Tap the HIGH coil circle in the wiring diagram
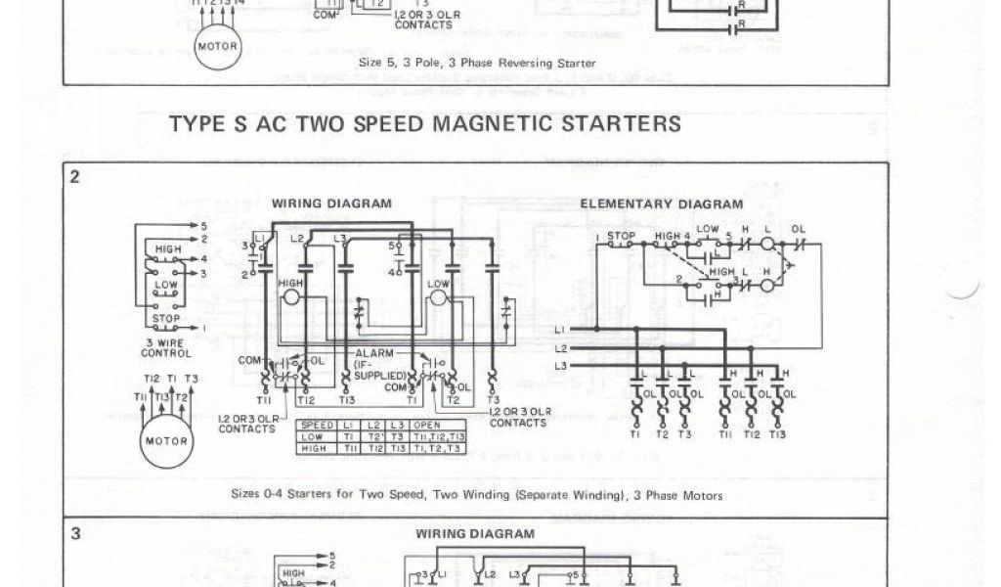click(291, 295)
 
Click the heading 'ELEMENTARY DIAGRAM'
click(661, 203)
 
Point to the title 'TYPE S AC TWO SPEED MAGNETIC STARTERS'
click(425, 124)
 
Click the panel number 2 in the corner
click(74, 176)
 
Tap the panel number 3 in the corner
click(75, 534)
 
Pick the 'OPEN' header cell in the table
click(427, 424)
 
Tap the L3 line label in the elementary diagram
click(561, 366)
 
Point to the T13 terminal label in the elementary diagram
click(778, 433)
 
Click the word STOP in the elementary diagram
click(621, 236)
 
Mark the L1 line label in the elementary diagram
click(561, 329)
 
